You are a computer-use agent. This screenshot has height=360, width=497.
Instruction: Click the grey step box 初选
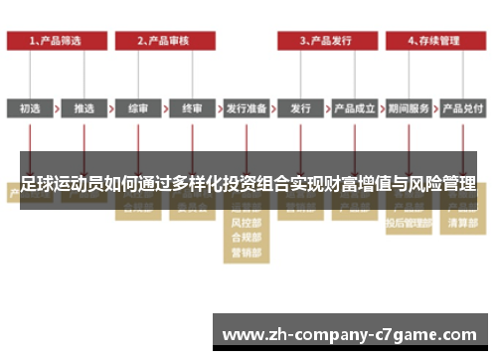[30, 107]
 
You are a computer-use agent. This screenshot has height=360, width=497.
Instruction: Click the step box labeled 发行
[300, 107]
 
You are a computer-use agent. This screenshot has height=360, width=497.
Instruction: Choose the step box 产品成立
[354, 107]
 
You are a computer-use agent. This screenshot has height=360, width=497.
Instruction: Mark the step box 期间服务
[408, 107]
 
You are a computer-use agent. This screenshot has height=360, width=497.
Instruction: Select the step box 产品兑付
[462, 107]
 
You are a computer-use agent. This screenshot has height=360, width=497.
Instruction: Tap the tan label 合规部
[246, 239]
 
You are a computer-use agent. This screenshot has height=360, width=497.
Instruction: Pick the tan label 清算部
[462, 225]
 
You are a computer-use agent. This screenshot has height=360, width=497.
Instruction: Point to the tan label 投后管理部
[408, 225]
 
